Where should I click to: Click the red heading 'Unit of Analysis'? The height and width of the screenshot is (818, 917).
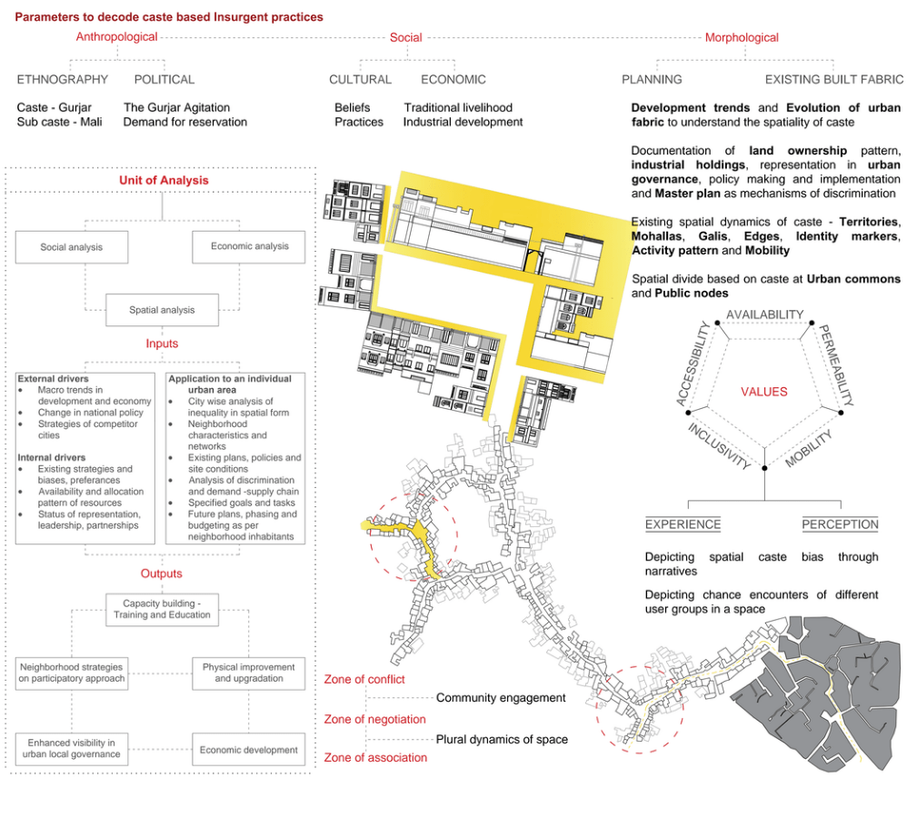(x=164, y=180)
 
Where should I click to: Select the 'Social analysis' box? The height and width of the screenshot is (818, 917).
(x=71, y=247)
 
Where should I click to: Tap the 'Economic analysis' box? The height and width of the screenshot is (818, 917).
(x=249, y=246)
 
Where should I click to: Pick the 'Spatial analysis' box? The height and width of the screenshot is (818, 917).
(x=162, y=310)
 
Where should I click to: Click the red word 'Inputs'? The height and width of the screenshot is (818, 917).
(x=162, y=344)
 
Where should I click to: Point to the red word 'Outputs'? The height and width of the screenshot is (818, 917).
(x=161, y=574)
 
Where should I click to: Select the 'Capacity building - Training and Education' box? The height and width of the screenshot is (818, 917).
(x=162, y=609)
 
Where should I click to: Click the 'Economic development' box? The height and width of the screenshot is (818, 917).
(x=249, y=750)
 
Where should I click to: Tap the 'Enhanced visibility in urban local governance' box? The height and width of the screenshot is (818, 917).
(x=72, y=749)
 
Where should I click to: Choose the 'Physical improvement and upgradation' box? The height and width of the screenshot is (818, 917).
(x=249, y=673)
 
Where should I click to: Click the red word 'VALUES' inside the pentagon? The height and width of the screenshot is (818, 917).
(x=764, y=392)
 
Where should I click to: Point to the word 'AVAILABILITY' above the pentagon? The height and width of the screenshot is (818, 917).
(x=764, y=314)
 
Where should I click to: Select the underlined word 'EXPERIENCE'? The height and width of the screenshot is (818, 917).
(x=683, y=524)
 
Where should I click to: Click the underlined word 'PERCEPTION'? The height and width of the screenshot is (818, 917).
(x=840, y=524)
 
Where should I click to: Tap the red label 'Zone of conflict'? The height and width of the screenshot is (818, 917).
(x=364, y=679)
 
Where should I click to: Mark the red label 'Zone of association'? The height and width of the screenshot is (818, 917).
(x=375, y=757)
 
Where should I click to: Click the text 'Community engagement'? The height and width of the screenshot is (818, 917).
(x=501, y=698)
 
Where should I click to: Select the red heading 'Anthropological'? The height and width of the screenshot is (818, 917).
(x=116, y=37)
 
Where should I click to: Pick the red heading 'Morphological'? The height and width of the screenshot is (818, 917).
(x=742, y=37)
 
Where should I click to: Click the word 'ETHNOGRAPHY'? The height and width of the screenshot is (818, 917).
(x=63, y=80)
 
